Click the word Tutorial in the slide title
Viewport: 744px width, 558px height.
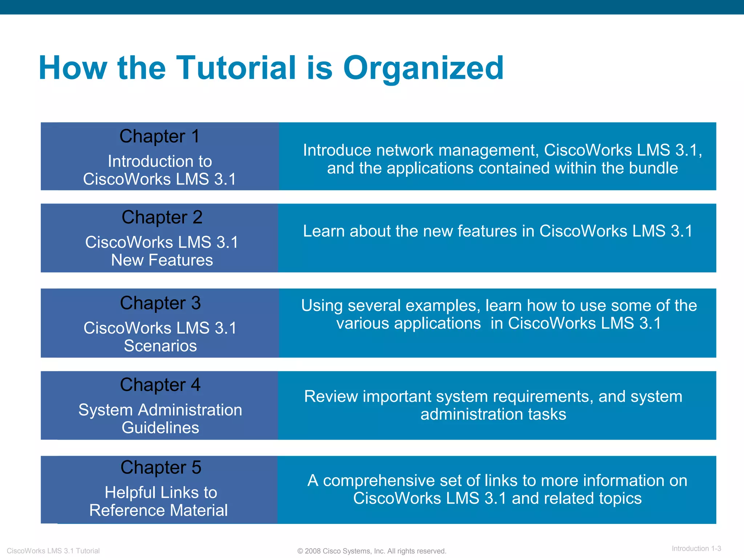click(x=236, y=68)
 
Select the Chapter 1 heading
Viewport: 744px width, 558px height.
click(x=159, y=137)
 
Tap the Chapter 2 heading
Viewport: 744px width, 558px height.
click(x=162, y=218)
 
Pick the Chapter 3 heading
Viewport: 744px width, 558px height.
click(x=160, y=303)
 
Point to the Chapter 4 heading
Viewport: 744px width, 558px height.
click(x=160, y=385)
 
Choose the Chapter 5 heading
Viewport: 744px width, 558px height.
click(x=161, y=468)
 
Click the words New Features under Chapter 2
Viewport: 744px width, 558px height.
click(x=162, y=260)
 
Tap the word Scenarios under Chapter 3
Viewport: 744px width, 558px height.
click(x=160, y=346)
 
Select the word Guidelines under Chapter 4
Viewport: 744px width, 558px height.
click(x=160, y=428)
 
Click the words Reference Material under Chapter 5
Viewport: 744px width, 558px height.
click(x=158, y=510)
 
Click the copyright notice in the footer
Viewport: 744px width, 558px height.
click(x=372, y=551)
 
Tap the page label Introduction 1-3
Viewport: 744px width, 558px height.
click(x=696, y=549)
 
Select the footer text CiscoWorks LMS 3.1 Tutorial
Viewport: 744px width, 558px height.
click(x=53, y=551)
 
